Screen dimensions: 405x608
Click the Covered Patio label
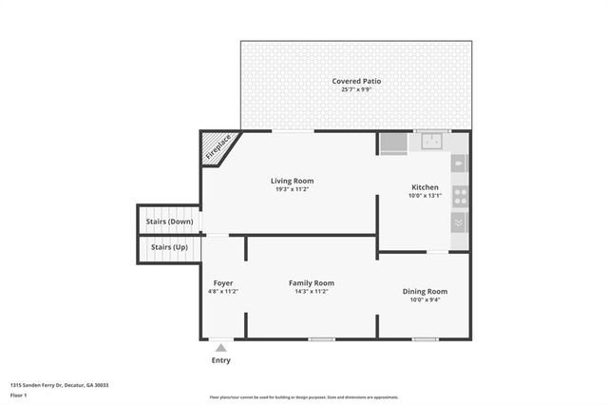356,82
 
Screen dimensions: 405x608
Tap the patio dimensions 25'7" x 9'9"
356,90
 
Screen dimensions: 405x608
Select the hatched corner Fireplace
216,148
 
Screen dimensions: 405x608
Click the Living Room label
292,181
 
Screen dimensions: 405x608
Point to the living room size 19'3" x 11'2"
292,189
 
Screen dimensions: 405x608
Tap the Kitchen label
424,186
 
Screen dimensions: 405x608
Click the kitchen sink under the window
432,144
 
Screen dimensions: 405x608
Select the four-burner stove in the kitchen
460,197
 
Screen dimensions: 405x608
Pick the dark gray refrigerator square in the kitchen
392,144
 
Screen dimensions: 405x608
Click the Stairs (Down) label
169,222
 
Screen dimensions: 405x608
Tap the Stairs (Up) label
169,247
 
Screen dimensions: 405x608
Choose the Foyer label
223,283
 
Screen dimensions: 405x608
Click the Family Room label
312,283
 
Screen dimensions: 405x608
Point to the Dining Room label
424,291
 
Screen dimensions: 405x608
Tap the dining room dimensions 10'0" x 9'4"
424,299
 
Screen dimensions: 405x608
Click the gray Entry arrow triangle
220,348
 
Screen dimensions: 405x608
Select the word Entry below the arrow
220,360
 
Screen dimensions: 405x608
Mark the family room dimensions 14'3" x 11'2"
312,292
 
